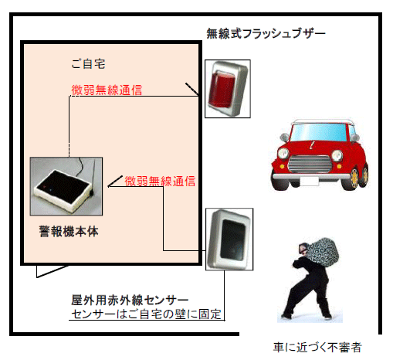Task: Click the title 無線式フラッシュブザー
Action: (x=266, y=34)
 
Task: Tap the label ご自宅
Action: (x=88, y=64)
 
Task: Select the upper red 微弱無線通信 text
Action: (x=107, y=90)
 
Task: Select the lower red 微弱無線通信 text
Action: (x=160, y=182)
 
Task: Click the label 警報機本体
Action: (x=69, y=232)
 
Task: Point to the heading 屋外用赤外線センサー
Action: (x=130, y=301)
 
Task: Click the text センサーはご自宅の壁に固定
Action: (x=146, y=314)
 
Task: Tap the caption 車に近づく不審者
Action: (x=317, y=348)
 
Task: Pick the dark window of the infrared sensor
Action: (x=233, y=239)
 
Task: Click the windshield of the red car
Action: (x=318, y=131)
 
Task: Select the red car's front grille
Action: (x=310, y=164)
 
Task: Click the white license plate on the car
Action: (x=310, y=182)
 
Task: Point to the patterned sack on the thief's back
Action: (x=323, y=252)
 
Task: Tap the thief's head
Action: (x=303, y=248)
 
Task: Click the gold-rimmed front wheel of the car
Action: (x=353, y=178)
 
